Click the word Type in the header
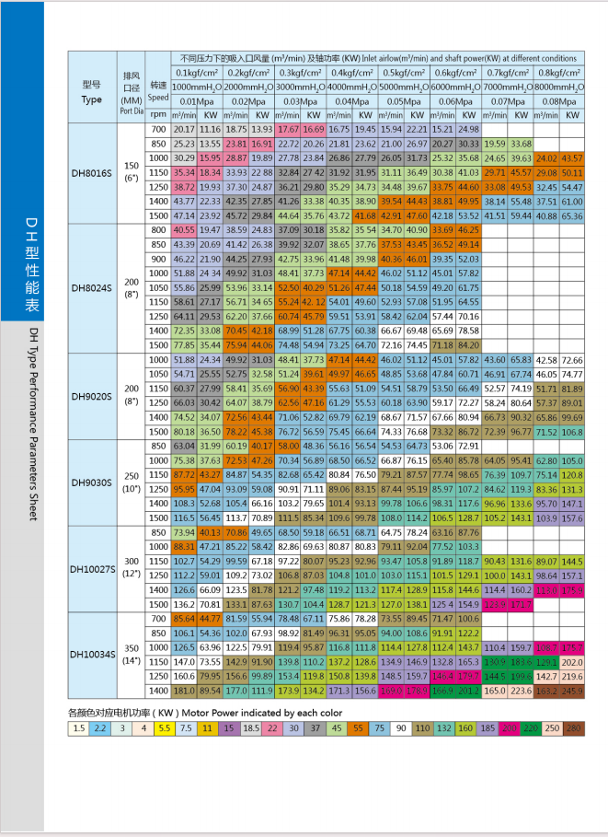[92, 99]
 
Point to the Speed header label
[157, 97]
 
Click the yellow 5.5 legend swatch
[166, 728]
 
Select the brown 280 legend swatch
[575, 728]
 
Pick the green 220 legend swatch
[530, 728]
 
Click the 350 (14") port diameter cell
[131, 655]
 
